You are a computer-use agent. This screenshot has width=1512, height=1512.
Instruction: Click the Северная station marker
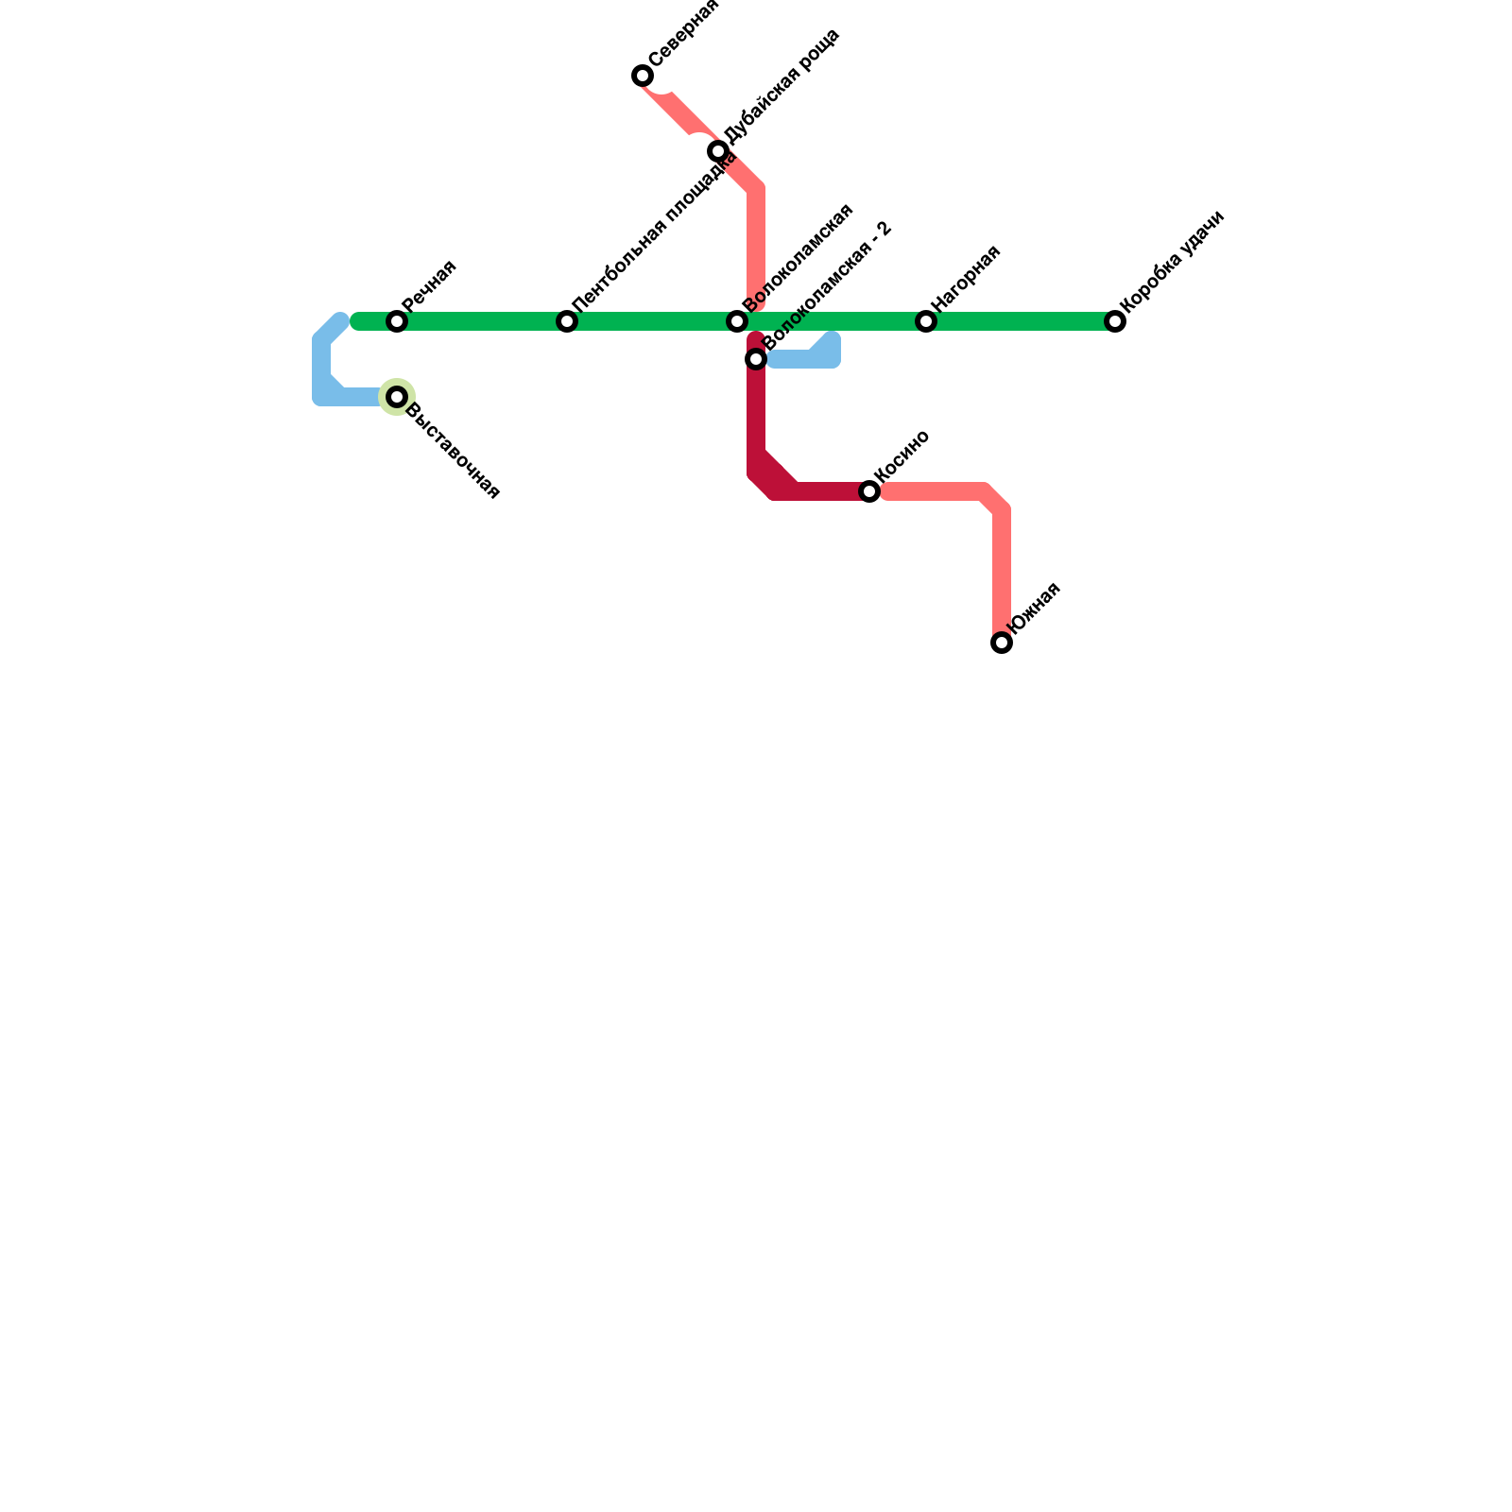[x=643, y=76]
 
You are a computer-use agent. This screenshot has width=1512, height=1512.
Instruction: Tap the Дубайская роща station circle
[x=718, y=151]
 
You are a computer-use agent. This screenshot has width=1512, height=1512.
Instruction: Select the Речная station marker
[x=397, y=322]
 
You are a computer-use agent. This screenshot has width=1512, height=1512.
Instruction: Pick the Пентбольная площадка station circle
[x=567, y=322]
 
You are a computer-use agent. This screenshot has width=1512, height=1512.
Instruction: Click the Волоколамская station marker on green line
[x=737, y=322]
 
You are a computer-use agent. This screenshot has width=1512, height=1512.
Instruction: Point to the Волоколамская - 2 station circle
[x=756, y=359]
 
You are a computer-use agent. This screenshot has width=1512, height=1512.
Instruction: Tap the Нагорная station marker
[x=926, y=322]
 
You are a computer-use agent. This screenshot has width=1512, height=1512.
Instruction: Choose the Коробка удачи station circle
[x=1115, y=322]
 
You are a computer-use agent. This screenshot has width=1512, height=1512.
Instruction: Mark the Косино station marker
[x=869, y=491]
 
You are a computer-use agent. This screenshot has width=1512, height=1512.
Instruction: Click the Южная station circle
[x=1002, y=643]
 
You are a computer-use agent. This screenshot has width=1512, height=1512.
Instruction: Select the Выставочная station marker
[x=397, y=397]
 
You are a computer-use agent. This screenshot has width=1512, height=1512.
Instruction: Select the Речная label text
[x=429, y=285]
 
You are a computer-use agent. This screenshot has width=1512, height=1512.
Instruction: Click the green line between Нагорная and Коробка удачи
[x=1021, y=322]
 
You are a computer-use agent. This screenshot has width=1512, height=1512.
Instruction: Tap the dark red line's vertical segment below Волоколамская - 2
[x=756, y=416]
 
